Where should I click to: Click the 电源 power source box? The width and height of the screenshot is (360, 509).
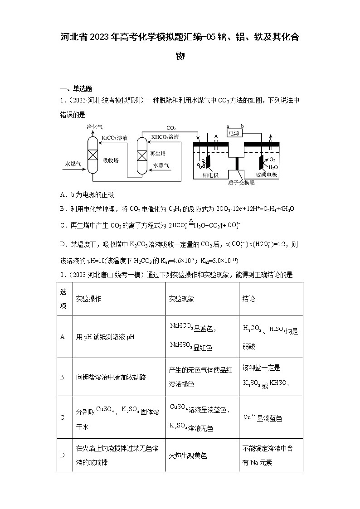[x=235, y=133]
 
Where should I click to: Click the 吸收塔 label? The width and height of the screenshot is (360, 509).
[x=110, y=160]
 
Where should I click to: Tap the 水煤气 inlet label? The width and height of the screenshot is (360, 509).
[x=73, y=164]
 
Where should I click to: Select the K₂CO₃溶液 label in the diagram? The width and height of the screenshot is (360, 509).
[x=114, y=137]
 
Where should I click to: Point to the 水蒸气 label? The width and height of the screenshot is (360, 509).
[x=161, y=165]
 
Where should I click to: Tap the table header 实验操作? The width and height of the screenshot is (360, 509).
[x=88, y=299]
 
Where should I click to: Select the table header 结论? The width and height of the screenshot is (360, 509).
[x=249, y=299]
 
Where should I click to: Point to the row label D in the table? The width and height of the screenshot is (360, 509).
[x=63, y=456]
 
